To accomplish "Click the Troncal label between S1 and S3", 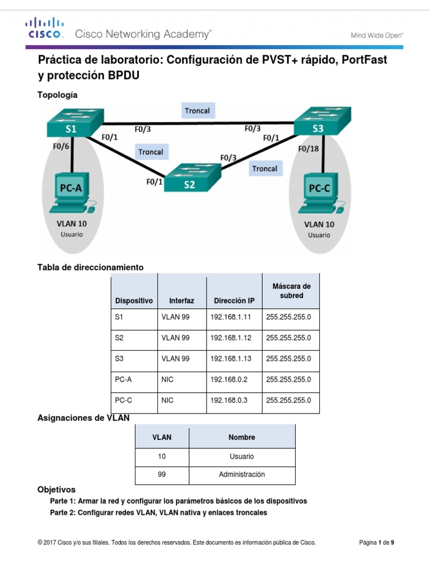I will click(x=197, y=111).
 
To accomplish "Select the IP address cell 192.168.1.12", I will click(x=231, y=338).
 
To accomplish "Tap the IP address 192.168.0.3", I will click(x=228, y=401).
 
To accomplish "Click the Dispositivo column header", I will click(x=134, y=300).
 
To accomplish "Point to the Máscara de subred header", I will click(x=291, y=291).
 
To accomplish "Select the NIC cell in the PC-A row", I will click(x=167, y=379).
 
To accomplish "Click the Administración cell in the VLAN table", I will click(x=242, y=475).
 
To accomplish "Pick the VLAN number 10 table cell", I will click(x=162, y=457).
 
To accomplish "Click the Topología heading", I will click(x=57, y=95).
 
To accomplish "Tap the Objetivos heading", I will click(x=56, y=490).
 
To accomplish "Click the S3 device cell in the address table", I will click(x=119, y=359).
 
